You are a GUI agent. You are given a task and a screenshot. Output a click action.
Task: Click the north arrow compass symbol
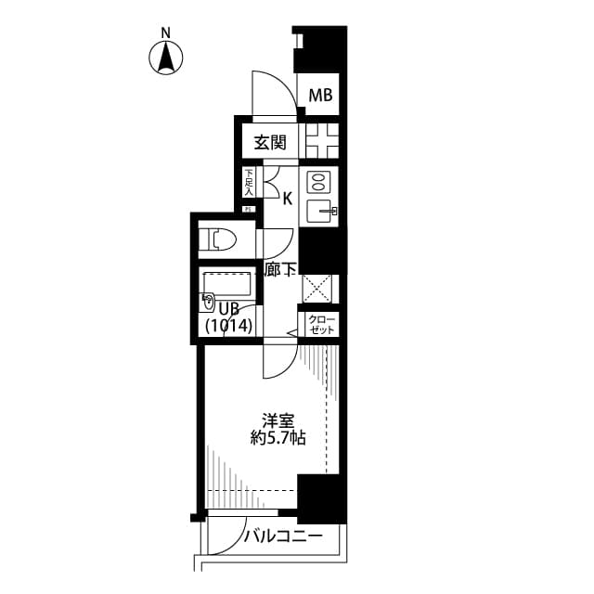[166, 58]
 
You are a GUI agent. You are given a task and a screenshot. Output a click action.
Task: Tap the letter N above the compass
[166, 32]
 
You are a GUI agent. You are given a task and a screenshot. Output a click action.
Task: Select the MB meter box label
[320, 95]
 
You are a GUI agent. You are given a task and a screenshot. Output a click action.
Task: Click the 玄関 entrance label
[264, 144]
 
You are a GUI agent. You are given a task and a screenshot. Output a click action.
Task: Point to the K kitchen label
[287, 198]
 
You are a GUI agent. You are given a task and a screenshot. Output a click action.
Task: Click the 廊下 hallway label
[281, 270]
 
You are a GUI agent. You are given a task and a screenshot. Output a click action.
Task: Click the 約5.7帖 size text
[278, 437]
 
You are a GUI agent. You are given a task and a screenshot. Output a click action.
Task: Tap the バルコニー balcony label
[283, 536]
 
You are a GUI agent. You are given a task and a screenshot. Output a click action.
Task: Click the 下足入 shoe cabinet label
[248, 182]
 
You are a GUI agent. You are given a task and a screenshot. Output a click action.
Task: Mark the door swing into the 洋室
[279, 362]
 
